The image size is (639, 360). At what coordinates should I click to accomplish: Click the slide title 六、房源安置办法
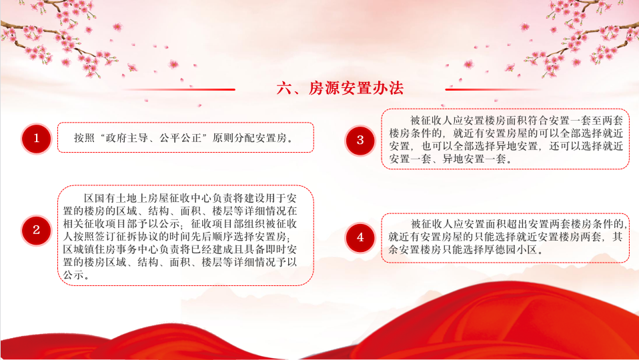click(x=340, y=88)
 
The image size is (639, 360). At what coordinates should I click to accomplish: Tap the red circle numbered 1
click(x=36, y=139)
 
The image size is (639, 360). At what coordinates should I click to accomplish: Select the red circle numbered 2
click(x=36, y=230)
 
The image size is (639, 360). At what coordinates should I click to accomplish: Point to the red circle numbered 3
click(x=360, y=141)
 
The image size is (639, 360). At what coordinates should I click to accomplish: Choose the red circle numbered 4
click(x=360, y=237)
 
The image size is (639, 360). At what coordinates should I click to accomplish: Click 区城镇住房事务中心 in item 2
click(x=111, y=249)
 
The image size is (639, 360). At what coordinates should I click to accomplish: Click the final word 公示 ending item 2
click(x=74, y=275)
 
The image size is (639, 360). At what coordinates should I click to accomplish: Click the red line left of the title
click(x=179, y=89)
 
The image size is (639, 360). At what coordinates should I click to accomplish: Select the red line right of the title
click(x=493, y=89)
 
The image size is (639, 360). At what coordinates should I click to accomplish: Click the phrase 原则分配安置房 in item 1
click(x=249, y=138)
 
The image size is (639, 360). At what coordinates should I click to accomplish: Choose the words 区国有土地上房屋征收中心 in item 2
click(x=147, y=198)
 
